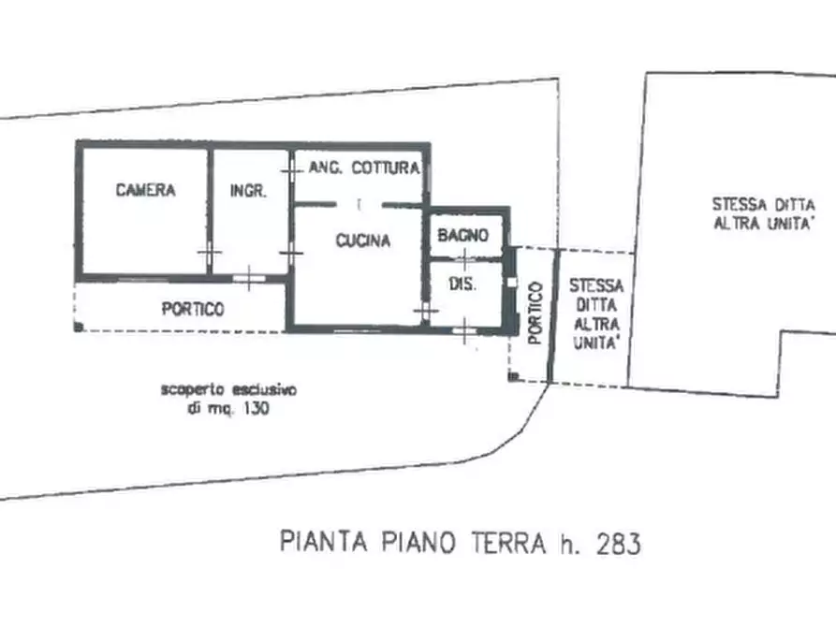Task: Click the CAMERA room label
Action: (145, 191)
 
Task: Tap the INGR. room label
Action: (248, 191)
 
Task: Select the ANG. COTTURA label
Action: (363, 168)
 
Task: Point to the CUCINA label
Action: (363, 241)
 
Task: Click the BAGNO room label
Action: (462, 237)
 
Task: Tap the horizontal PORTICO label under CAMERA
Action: (193, 310)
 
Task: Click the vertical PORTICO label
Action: (535, 313)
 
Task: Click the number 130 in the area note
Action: (255, 409)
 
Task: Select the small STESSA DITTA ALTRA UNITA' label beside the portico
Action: (595, 313)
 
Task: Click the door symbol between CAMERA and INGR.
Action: (208, 253)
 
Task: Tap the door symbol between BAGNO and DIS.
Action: (465, 259)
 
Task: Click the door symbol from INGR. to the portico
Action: (249, 276)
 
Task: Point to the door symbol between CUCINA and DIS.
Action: (426, 309)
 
